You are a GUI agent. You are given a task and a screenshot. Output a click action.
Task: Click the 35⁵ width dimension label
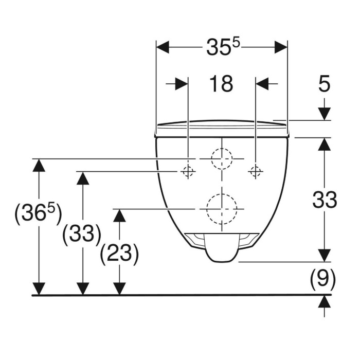pos(223,47)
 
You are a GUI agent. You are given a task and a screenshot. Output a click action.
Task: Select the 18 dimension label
pos(221,84)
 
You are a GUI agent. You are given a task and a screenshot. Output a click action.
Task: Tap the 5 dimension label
pos(324,83)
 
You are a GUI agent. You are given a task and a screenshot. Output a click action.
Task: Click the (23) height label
pos(119,255)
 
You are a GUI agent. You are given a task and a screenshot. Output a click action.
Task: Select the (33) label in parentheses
pos(82,234)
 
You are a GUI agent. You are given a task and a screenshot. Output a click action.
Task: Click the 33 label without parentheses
pos(325,200)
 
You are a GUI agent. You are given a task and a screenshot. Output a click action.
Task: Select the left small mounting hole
pos(188,171)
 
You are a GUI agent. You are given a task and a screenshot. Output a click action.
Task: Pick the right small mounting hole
pos(256,171)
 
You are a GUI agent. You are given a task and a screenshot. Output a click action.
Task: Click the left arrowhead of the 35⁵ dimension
pos(163,47)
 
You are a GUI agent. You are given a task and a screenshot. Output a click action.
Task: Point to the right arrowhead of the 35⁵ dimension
pos(281,47)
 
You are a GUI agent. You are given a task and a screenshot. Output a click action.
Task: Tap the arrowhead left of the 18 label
pos(182,84)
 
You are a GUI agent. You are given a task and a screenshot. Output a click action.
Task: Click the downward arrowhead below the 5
pos(325,114)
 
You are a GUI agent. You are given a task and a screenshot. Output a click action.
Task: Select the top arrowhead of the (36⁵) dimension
pos(39,165)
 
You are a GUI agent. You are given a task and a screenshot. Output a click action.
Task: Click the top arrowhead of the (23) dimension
pos(119,215)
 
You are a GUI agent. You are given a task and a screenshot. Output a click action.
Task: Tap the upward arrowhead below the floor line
pos(324,301)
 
